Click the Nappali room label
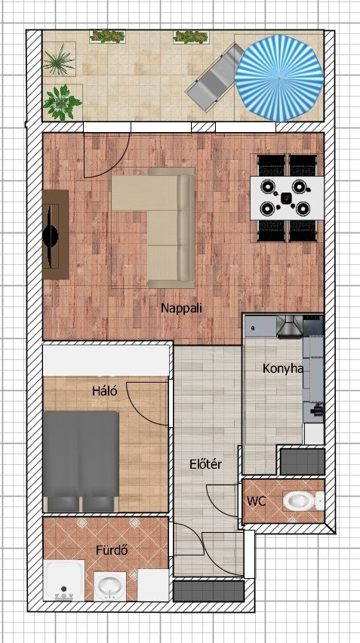coord(181,309)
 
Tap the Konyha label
coord(283,368)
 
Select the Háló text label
coord(105,391)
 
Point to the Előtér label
coord(205,464)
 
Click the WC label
coord(257,500)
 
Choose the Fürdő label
coord(112,550)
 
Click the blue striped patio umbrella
coord(278,78)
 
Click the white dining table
coord(287,198)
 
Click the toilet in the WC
coord(303,500)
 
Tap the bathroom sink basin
coord(109,586)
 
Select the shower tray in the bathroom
coord(63,580)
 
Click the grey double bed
coord(81,461)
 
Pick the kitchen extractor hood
coord(290,327)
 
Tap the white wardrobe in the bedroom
coord(106,361)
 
